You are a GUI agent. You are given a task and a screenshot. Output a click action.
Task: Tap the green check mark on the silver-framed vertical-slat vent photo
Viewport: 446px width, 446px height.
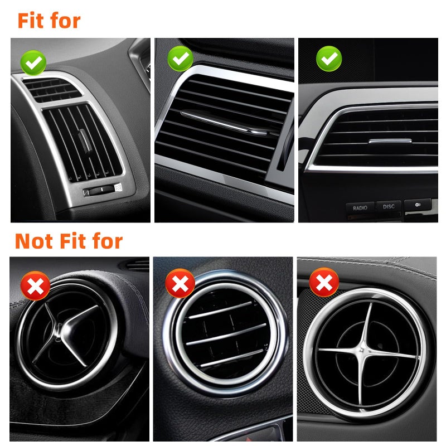33,64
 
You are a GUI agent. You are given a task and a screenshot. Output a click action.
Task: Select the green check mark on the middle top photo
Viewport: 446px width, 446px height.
180,58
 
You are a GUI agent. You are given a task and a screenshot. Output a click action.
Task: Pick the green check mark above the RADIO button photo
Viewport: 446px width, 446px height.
328,58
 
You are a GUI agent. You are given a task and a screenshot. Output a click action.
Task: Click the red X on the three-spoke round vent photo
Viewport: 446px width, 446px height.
35,287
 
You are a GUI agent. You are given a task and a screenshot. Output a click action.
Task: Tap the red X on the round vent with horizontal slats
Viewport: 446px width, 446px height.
180,285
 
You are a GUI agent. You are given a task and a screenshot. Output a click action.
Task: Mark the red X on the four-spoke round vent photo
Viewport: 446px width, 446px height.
324,283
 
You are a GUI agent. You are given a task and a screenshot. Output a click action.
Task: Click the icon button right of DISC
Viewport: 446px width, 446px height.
416,205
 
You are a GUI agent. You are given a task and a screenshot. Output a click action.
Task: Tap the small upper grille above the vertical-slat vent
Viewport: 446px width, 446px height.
51,89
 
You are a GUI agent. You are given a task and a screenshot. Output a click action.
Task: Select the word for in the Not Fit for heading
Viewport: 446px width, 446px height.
104,241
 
